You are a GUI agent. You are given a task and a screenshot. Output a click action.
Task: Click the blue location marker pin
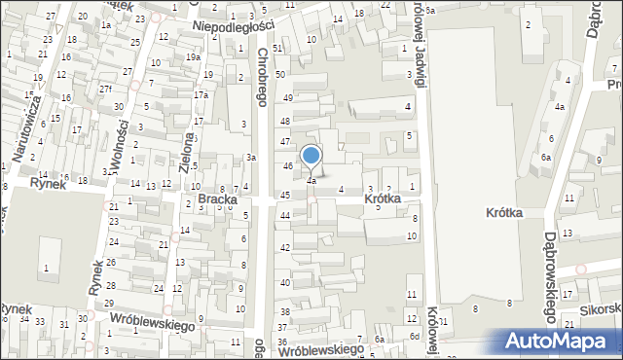[x=311, y=158]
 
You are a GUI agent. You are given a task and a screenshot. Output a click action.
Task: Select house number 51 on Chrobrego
[x=278, y=48]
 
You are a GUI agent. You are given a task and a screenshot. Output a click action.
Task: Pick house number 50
[x=280, y=74]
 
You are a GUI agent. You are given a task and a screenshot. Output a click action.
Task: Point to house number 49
[x=287, y=98]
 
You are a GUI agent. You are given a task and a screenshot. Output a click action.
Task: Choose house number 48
[x=285, y=121]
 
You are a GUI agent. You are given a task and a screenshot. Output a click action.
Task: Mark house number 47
[x=286, y=142]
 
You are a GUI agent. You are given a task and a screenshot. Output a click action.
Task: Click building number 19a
[x=194, y=57]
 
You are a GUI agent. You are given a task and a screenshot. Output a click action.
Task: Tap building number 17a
[x=201, y=95]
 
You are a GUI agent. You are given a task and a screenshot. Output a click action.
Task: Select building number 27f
[x=105, y=89]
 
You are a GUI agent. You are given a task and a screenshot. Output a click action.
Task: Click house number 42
[x=285, y=248]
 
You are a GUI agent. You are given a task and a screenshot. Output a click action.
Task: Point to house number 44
[x=285, y=214]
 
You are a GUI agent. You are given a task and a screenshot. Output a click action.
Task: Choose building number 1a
[x=105, y=24]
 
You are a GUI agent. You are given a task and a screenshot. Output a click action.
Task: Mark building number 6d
[x=415, y=336]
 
